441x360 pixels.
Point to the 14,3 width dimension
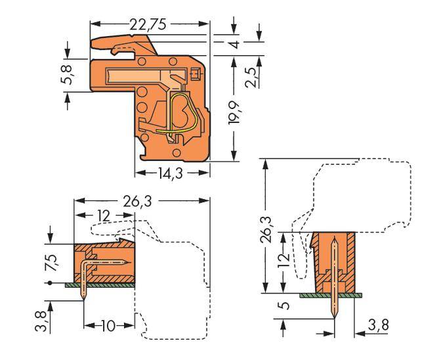171,174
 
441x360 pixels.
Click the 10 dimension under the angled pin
108,326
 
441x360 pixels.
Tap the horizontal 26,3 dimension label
140,200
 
